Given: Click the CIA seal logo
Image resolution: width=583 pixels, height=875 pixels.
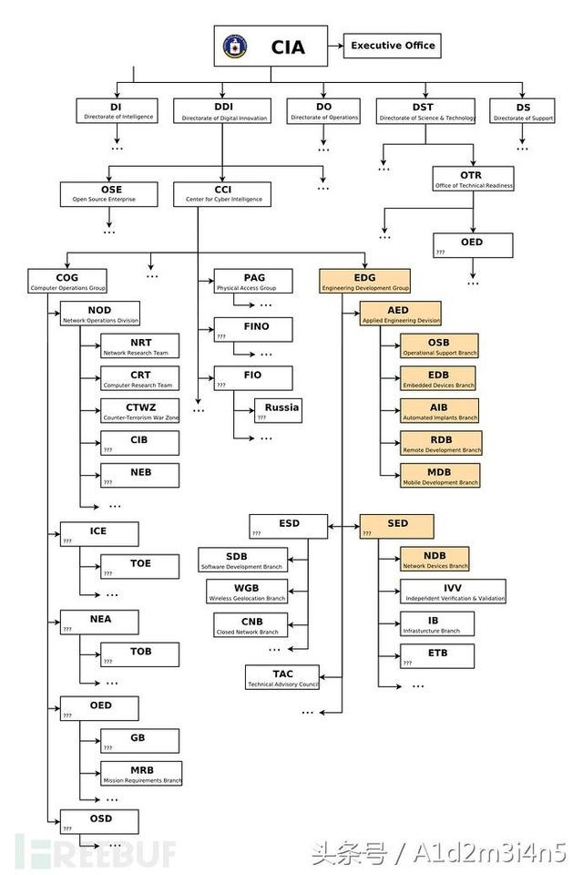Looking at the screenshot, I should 235,46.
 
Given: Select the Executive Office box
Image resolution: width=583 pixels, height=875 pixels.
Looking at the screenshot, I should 393,46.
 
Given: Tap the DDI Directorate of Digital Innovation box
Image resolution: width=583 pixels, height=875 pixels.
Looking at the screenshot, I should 224,111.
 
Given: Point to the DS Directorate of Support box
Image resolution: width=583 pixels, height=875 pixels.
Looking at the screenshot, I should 522,111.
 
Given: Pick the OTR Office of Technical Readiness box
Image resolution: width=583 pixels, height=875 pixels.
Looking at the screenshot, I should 474,179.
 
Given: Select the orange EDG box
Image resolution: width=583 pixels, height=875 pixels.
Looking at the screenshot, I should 365,282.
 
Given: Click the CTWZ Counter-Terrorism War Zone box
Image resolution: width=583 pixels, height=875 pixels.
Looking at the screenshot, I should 140,411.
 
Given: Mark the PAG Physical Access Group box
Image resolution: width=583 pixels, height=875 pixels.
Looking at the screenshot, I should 253,281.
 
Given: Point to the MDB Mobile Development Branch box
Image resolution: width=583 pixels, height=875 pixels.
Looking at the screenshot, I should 440,475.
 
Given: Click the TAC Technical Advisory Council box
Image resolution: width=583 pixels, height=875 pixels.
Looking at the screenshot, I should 281,677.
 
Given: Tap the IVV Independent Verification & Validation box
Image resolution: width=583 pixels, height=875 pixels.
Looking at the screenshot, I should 453,592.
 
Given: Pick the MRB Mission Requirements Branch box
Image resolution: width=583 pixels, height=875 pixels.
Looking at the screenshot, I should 141,774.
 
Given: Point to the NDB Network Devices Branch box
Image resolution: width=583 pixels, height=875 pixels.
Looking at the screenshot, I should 435,559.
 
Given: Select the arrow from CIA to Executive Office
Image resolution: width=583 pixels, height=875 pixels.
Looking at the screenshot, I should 335,46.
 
